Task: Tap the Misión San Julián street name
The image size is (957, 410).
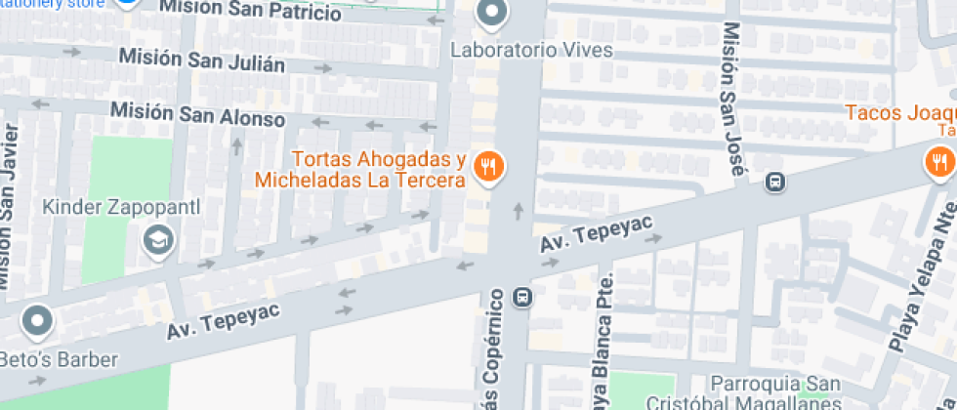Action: (x=202, y=61)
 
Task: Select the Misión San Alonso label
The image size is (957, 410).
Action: (x=197, y=114)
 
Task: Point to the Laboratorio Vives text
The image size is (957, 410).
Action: (x=531, y=49)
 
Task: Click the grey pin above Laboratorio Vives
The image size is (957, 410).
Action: (x=492, y=13)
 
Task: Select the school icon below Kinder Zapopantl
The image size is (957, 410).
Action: (x=156, y=239)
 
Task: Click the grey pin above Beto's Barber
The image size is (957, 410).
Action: (x=38, y=319)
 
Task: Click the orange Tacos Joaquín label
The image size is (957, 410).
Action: (x=899, y=112)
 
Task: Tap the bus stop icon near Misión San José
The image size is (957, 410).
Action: (x=774, y=182)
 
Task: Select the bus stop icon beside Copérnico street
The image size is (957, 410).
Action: (x=523, y=296)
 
